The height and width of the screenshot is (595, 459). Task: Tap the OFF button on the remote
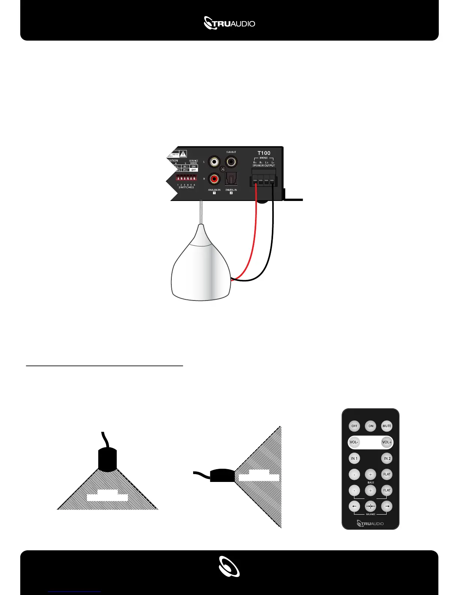point(354,426)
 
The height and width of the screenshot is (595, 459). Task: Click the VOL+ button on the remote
point(387,442)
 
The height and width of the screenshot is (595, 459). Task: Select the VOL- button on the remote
point(354,442)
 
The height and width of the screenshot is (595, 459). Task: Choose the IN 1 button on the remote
point(354,458)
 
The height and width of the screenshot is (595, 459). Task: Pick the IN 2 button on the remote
point(387,458)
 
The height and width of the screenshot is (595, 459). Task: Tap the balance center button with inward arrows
point(370,506)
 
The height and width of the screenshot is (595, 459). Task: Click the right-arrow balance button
point(387,506)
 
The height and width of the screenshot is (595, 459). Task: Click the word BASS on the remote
point(370,483)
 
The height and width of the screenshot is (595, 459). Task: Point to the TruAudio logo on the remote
point(370,523)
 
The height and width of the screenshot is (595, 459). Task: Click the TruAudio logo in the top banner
point(229,23)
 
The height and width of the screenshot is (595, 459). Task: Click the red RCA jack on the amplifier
point(214,178)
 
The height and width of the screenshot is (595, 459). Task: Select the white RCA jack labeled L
point(214,162)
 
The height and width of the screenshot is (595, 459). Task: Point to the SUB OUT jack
point(231,162)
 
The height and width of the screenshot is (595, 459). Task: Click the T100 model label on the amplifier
point(264,153)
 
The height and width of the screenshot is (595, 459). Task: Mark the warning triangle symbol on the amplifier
point(183,154)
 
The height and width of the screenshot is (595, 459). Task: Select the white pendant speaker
point(201,267)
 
